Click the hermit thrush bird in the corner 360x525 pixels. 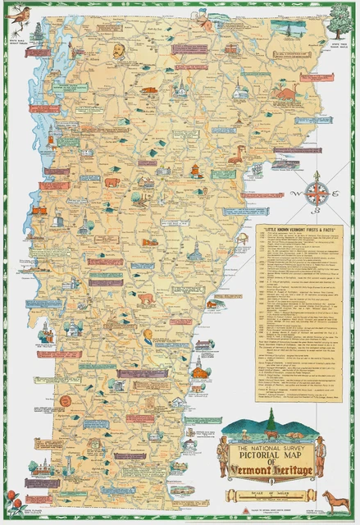coord(18,25)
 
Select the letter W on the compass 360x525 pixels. coord(303,194)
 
